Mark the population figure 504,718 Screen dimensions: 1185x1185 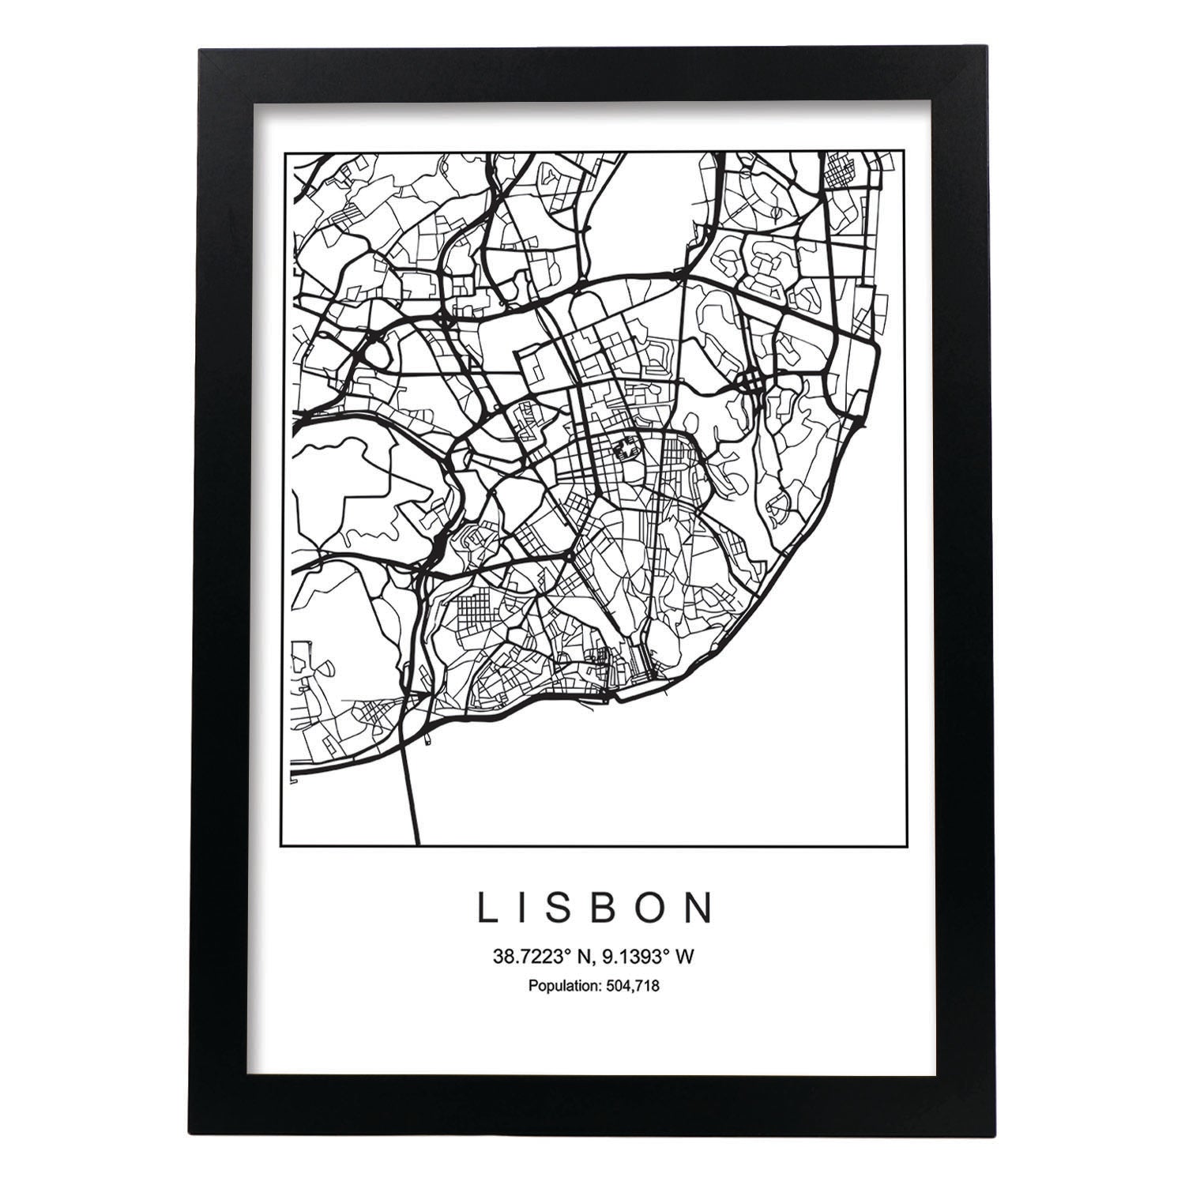[x=632, y=985]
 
